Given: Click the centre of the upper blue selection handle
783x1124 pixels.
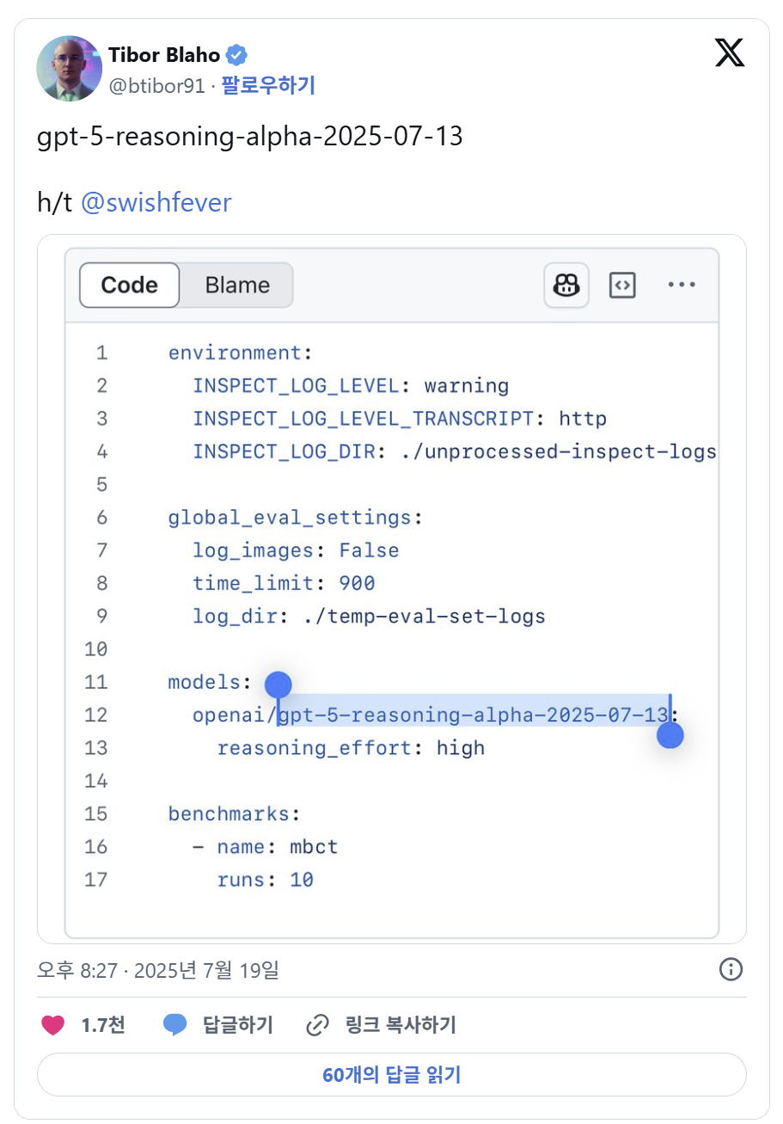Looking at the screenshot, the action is pyautogui.click(x=278, y=685).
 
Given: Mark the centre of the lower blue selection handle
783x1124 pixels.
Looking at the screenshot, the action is pyautogui.click(x=670, y=734).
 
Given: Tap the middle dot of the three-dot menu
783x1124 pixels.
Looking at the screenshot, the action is pyautogui.click(x=682, y=285).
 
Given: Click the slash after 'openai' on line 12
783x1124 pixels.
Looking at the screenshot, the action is pyautogui.click(x=272, y=715).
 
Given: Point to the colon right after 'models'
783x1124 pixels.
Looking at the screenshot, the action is pyautogui.click(x=247, y=683).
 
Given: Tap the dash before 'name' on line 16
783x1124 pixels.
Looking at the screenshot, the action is pyautogui.click(x=199, y=847).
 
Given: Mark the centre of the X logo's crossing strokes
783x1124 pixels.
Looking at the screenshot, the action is pyautogui.click(x=730, y=52).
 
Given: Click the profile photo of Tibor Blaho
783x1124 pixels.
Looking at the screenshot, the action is pyautogui.click(x=70, y=68).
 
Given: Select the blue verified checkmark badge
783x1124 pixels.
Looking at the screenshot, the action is pyautogui.click(x=236, y=55).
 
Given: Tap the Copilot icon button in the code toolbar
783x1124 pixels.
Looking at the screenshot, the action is pyautogui.click(x=566, y=285).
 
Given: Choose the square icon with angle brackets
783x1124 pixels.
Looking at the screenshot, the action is pyautogui.click(x=622, y=285).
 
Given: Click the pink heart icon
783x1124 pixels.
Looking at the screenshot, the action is pyautogui.click(x=52, y=1024).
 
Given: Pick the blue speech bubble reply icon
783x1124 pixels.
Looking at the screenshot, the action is pyautogui.click(x=175, y=1024).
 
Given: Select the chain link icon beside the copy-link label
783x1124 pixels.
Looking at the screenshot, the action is pyautogui.click(x=317, y=1024).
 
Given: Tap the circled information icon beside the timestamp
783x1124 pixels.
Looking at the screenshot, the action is pyautogui.click(x=731, y=969).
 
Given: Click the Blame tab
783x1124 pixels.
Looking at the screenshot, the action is pyautogui.click(x=237, y=285).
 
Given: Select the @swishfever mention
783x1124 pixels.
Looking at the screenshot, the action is pyautogui.click(x=156, y=202).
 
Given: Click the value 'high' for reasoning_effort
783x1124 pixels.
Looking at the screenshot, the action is pyautogui.click(x=461, y=747).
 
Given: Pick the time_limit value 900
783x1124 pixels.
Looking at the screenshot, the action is pyautogui.click(x=357, y=583).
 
